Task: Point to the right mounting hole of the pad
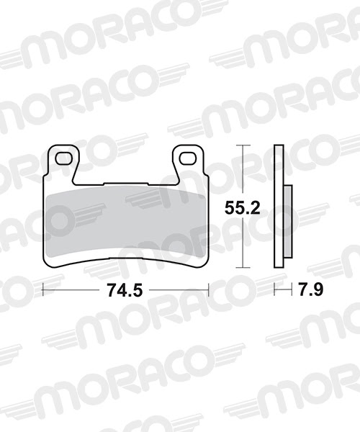tap(189, 156)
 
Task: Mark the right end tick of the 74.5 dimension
tap(208, 290)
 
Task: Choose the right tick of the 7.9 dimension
tap(292, 290)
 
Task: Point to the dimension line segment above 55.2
tap(246, 173)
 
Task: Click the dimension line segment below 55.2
tap(246, 245)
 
